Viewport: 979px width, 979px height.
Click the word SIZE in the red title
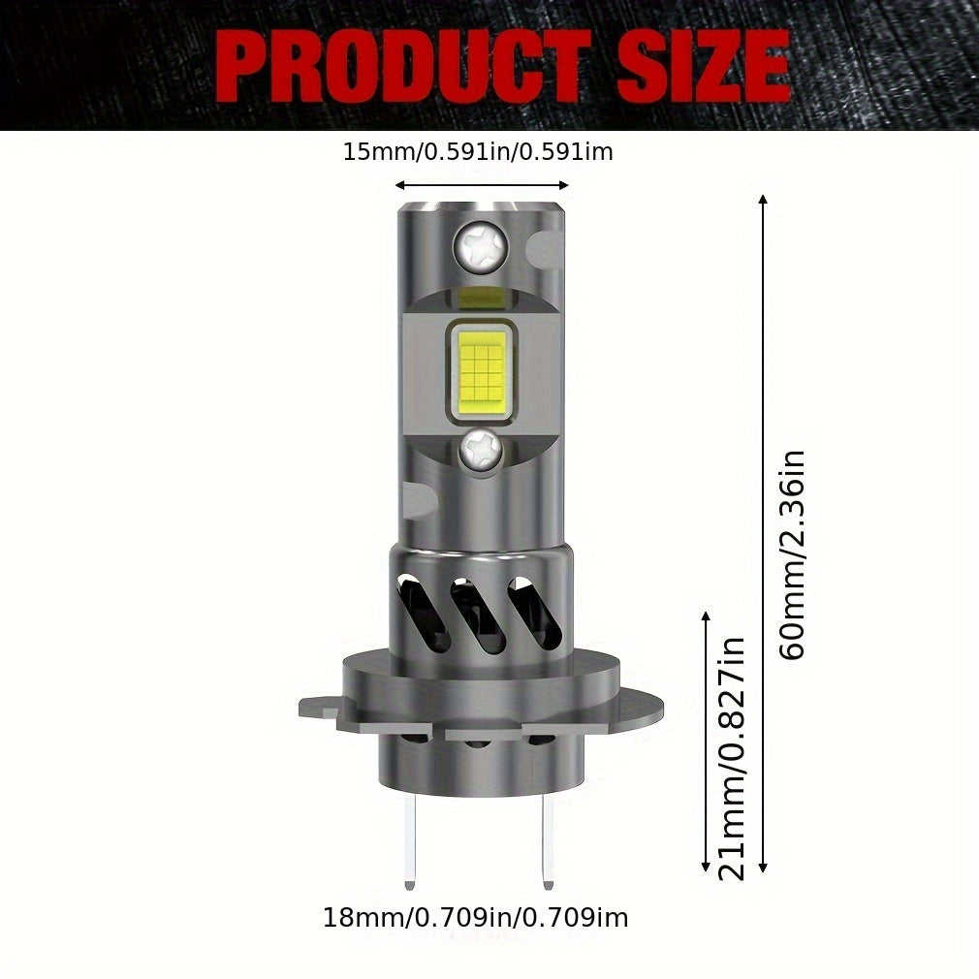pyautogui.click(x=704, y=66)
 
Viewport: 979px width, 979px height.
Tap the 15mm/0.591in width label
pyautogui.click(x=478, y=152)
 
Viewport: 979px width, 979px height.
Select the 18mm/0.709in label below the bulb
pyautogui.click(x=476, y=918)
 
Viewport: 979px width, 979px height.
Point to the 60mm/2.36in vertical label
pyautogui.click(x=793, y=554)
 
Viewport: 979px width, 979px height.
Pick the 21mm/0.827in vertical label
pyautogui.click(x=732, y=759)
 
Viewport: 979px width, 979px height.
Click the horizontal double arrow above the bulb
pyautogui.click(x=482, y=185)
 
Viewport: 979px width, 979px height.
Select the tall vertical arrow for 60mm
pyautogui.click(x=762, y=533)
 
